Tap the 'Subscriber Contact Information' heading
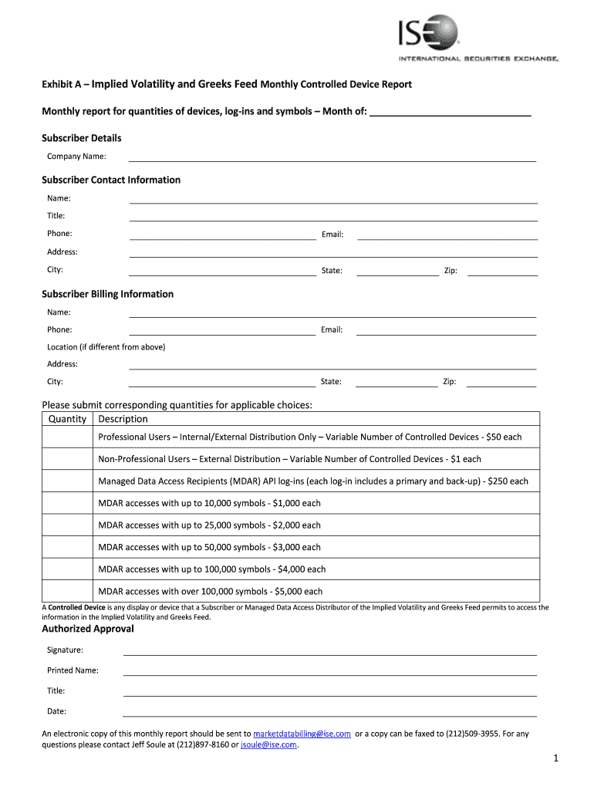click(x=111, y=180)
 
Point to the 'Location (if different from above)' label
click(x=106, y=347)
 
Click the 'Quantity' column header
click(x=67, y=419)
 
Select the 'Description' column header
click(x=123, y=419)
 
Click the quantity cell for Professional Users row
click(x=67, y=437)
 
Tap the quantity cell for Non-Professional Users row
click(x=67, y=459)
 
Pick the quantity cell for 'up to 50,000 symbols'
click(x=67, y=547)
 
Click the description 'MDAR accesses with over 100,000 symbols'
click(x=210, y=592)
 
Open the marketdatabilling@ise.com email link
click(x=302, y=734)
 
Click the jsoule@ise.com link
click(x=268, y=745)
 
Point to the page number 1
click(x=555, y=761)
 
